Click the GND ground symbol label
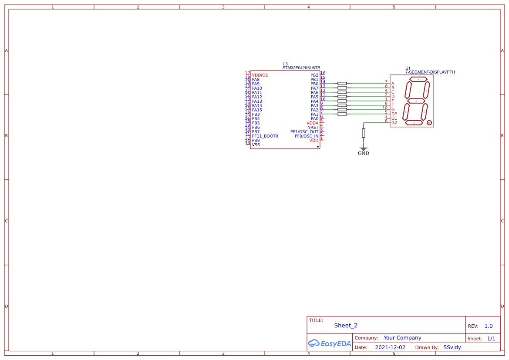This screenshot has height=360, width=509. pyautogui.click(x=363, y=153)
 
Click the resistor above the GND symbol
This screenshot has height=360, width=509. pyautogui.click(x=364, y=133)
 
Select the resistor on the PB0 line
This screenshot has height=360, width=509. pyautogui.click(x=342, y=83)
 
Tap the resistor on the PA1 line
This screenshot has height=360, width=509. pyautogui.click(x=342, y=114)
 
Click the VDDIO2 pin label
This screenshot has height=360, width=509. pyautogui.click(x=260, y=75)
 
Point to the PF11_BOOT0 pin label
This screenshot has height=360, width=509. pyautogui.click(x=265, y=136)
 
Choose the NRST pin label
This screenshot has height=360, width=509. pyautogui.click(x=313, y=128)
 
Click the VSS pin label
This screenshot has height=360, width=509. pyautogui.click(x=256, y=145)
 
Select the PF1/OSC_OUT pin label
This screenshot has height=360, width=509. pyautogui.click(x=304, y=132)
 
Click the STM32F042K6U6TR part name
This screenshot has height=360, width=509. pyautogui.click(x=301, y=68)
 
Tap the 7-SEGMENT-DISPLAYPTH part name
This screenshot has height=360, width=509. pyautogui.click(x=430, y=72)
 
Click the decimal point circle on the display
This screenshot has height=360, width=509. pyautogui.click(x=429, y=123)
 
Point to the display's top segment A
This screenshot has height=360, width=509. pyautogui.click(x=418, y=79)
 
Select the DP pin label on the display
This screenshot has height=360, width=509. pyautogui.click(x=394, y=114)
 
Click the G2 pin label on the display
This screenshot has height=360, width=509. pyautogui.click(x=394, y=123)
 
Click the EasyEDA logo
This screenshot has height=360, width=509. pyautogui.click(x=330, y=343)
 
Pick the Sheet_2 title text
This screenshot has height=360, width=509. pyautogui.click(x=346, y=326)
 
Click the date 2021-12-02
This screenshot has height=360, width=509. pyautogui.click(x=390, y=347)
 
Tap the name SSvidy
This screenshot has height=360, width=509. pyautogui.click(x=452, y=347)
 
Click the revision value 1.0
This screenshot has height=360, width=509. pyautogui.click(x=489, y=326)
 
